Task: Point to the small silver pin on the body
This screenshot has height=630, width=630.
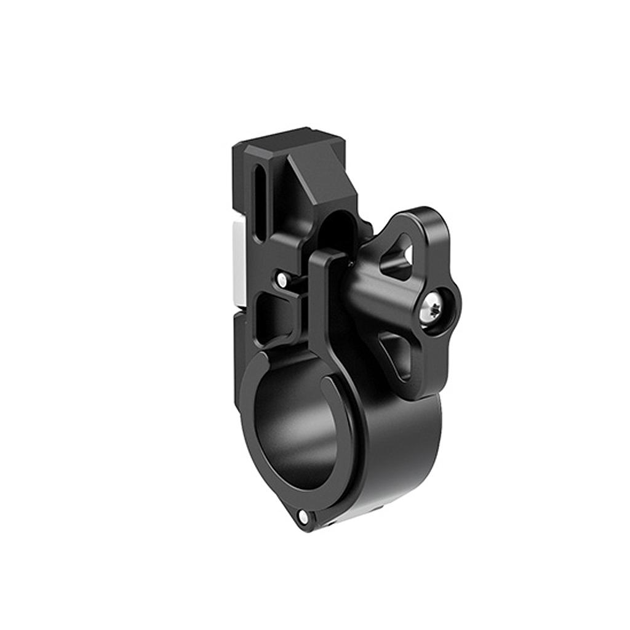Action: point(282,280)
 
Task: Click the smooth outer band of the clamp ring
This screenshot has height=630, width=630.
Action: point(400,455)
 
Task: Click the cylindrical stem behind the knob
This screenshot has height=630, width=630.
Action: point(363,289)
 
